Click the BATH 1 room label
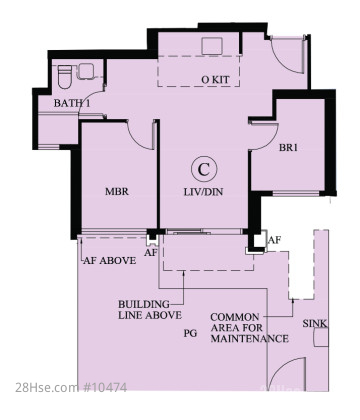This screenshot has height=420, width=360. click(72, 103)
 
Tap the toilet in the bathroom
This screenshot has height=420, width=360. click(65, 76)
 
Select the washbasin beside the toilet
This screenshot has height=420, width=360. click(86, 71)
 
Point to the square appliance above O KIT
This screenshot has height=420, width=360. click(212, 46)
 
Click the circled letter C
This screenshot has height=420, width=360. click(204, 169)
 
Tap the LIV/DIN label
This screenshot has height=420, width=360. click(203, 192)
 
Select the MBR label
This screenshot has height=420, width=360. click(117, 192)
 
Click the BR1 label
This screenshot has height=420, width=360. click(288, 147)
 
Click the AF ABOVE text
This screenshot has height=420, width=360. click(109, 260)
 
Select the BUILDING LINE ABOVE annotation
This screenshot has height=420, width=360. click(150, 310)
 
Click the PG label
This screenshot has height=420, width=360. click(190, 333)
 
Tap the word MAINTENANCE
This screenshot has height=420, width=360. click(250, 339)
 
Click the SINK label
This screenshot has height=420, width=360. click(315, 323)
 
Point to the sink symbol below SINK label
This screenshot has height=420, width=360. click(321, 337)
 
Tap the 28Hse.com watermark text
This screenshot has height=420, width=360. click(47, 388)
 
